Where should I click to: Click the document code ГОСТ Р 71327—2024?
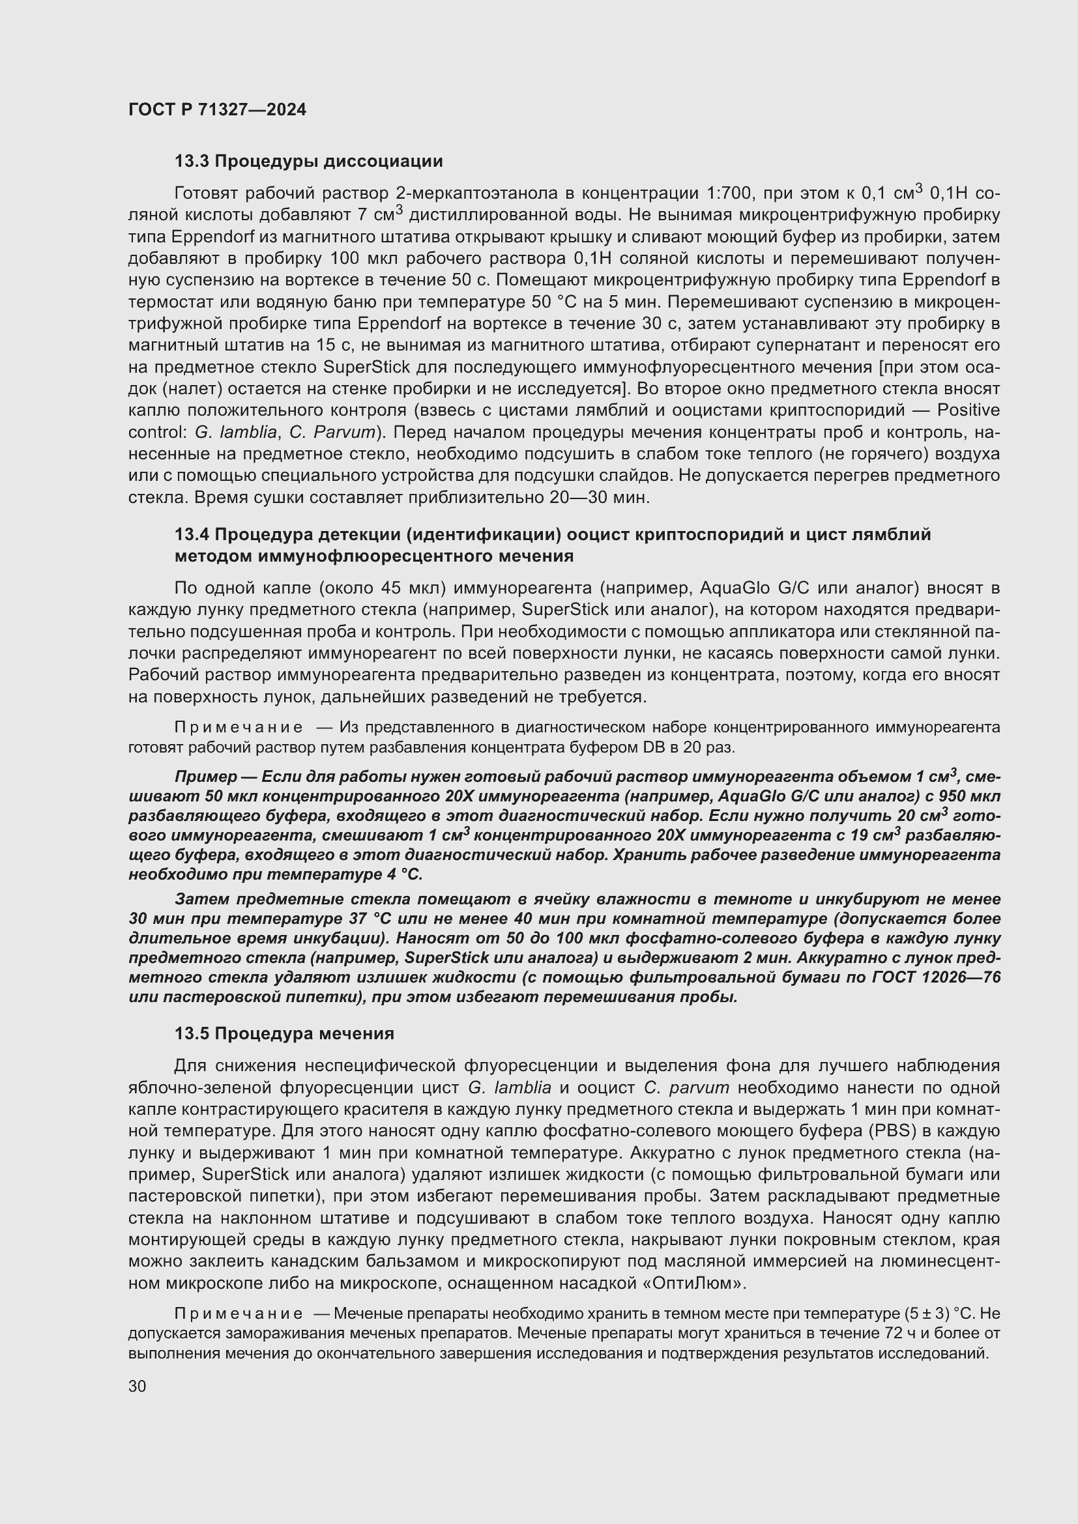pos(217,110)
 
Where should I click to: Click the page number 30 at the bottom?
pos(138,1386)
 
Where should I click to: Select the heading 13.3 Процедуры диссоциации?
pos(309,162)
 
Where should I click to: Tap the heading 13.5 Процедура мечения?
pos(284,1033)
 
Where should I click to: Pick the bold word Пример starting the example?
pos(205,777)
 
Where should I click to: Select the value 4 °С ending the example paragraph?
pos(403,874)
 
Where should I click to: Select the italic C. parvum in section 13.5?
pos(686,1088)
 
